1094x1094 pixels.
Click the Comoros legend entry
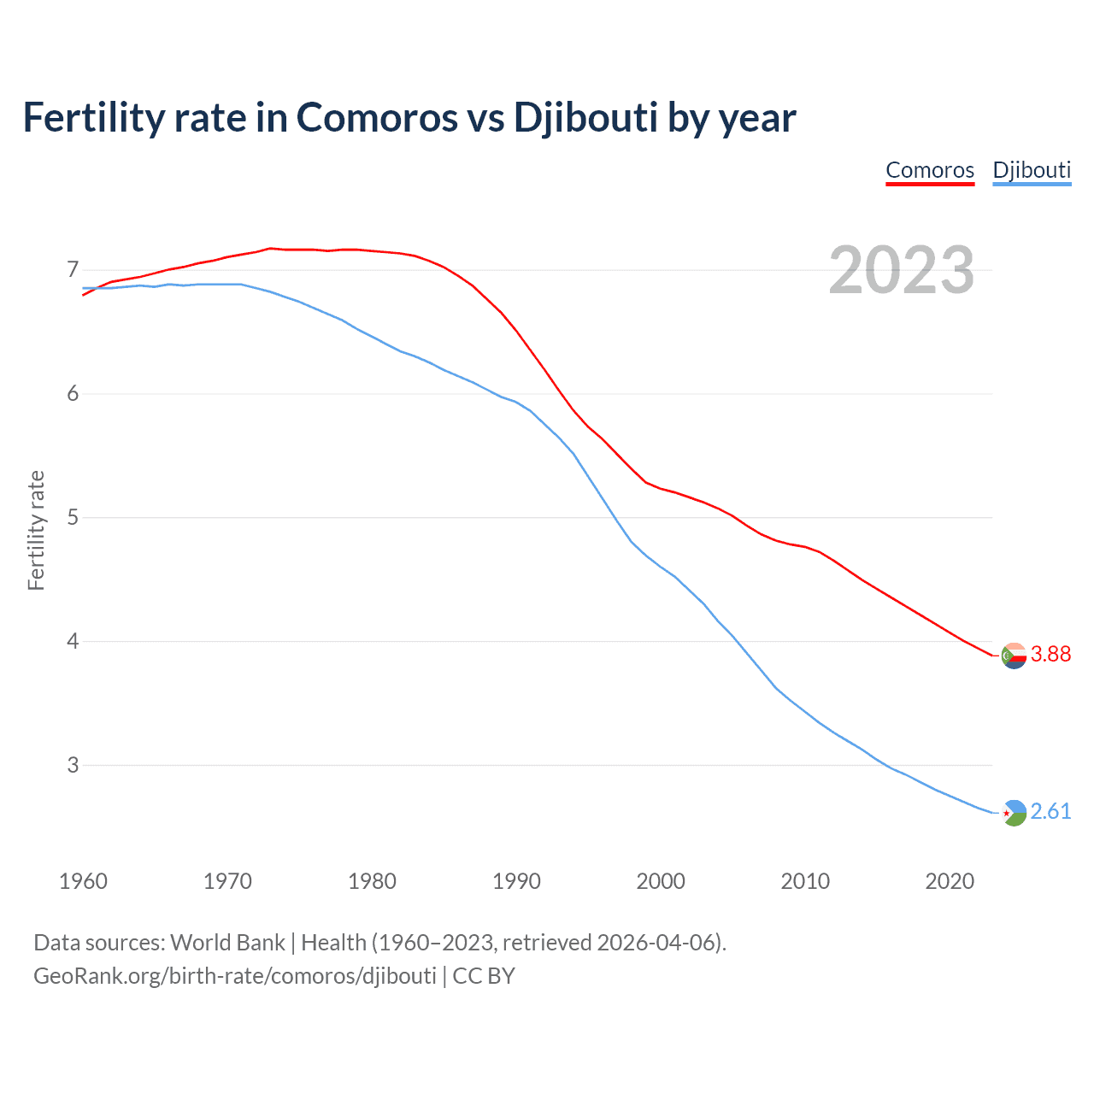point(930,170)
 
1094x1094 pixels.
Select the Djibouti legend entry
point(1032,170)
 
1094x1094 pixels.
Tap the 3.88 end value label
point(1050,654)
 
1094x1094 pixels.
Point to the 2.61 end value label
point(1050,811)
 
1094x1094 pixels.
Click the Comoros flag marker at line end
point(1014,656)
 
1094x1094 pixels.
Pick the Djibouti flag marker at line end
point(1014,813)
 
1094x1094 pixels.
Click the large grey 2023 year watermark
point(901,270)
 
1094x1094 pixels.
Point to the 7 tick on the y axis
point(73,270)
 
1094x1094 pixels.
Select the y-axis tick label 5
point(73,518)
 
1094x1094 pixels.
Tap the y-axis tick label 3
point(73,765)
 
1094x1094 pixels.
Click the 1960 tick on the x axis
point(83,881)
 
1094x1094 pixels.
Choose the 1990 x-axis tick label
point(516,881)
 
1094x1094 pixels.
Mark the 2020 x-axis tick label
point(950,881)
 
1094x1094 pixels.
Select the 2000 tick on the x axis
point(661,881)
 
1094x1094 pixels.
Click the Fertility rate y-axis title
point(36,530)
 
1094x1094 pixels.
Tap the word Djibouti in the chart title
point(585,117)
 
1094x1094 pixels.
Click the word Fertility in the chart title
point(92,117)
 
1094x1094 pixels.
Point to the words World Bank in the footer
point(227,943)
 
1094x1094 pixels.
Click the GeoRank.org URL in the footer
point(235,976)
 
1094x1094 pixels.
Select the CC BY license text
point(484,976)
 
